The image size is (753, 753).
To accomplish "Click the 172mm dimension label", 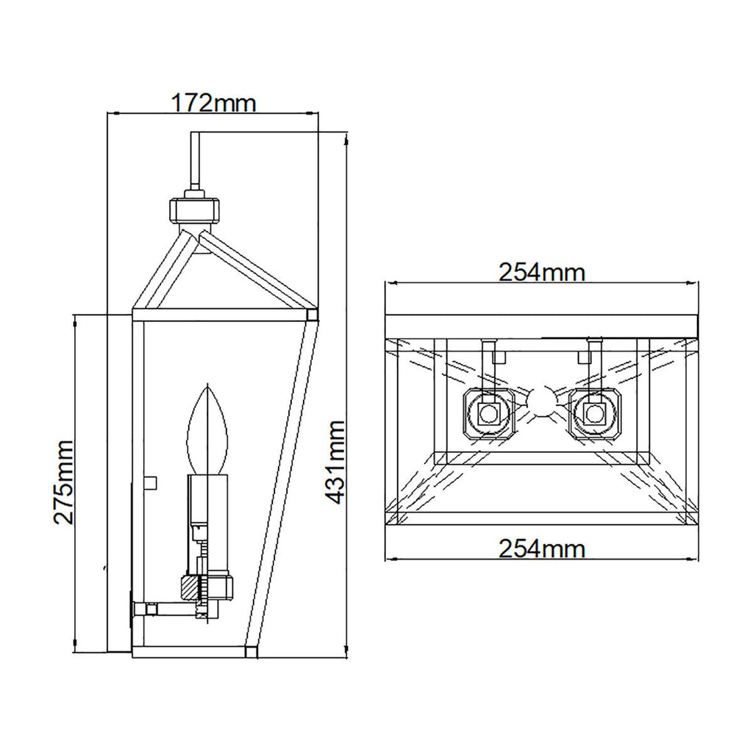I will (213, 102).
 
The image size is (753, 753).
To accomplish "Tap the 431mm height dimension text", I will (335, 462).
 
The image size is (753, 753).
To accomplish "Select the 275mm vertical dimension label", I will (63, 481).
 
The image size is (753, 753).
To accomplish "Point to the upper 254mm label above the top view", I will (542, 272).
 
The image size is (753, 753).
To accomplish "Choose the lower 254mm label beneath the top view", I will (542, 548).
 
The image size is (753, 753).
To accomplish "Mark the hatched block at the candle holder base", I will (190, 588).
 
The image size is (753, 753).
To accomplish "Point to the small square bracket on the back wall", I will (151, 482).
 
